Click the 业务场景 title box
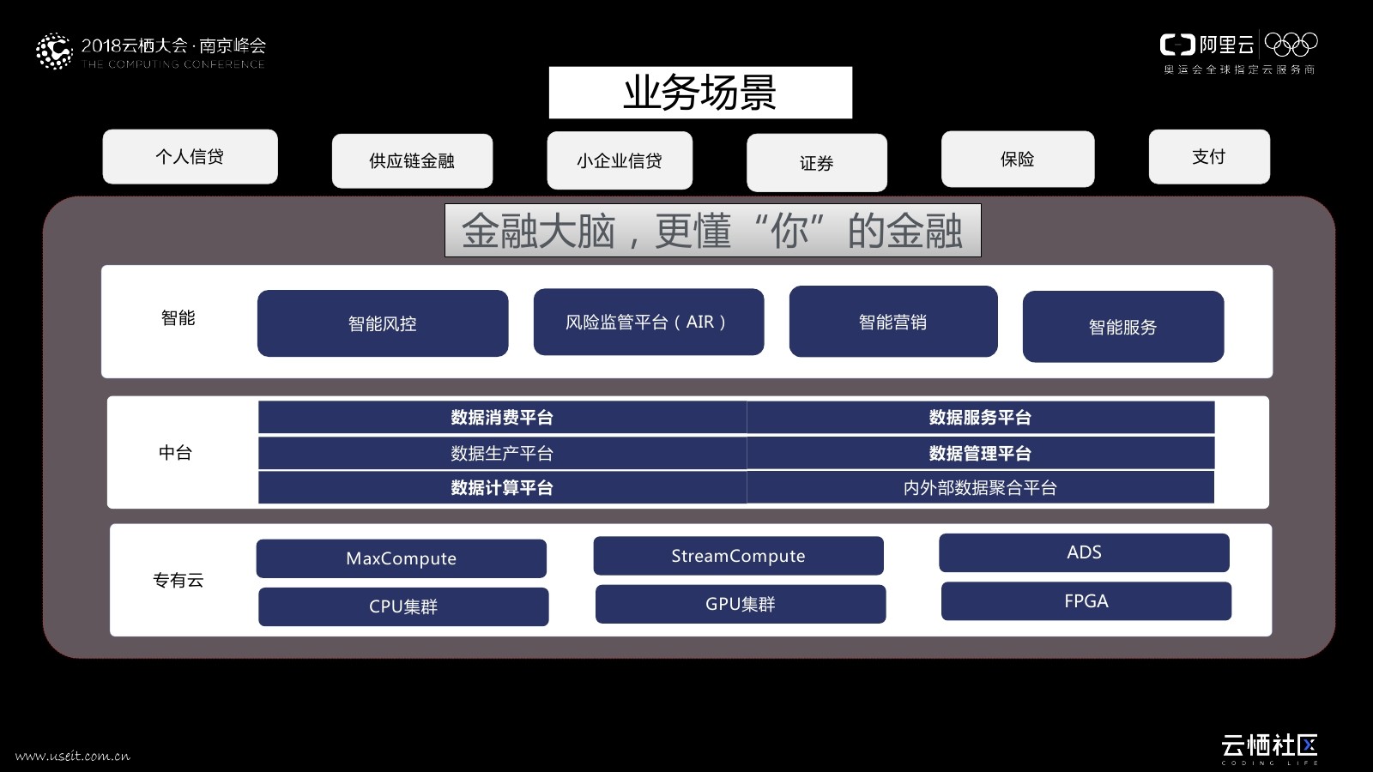(x=700, y=93)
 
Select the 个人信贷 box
(x=190, y=157)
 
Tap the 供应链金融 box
(x=412, y=161)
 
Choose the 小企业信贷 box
(x=620, y=160)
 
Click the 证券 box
(x=816, y=163)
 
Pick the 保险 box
(x=1018, y=160)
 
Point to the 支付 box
(x=1209, y=157)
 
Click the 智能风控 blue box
(x=383, y=323)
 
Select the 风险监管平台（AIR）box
(x=649, y=322)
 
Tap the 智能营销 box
(x=893, y=322)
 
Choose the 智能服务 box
(x=1123, y=327)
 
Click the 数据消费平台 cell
(x=502, y=418)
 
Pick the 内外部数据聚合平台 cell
(x=980, y=488)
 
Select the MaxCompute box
(x=401, y=558)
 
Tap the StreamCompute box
(x=738, y=556)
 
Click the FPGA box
(x=1086, y=601)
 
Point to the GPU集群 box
(x=740, y=605)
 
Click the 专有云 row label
(x=178, y=581)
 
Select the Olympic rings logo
(x=1291, y=44)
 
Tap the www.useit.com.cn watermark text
(x=73, y=756)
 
